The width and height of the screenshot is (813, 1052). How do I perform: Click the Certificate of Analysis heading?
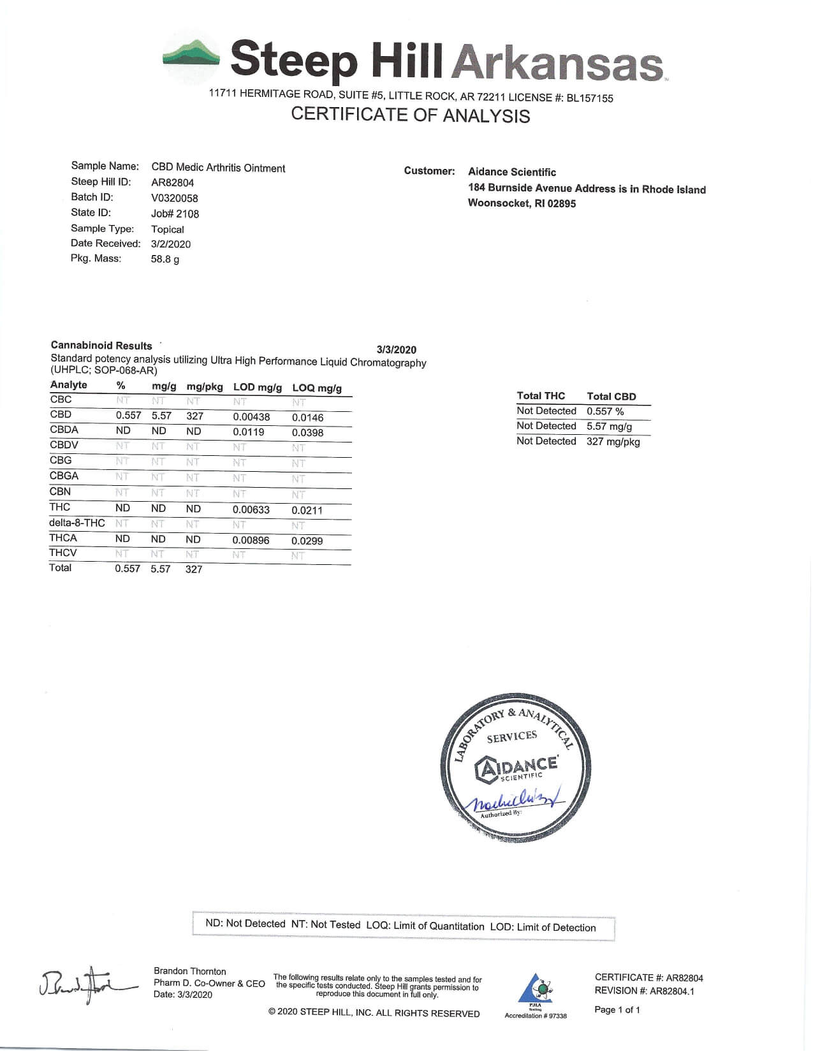[410, 115]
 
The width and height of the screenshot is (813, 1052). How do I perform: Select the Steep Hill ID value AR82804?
[172, 183]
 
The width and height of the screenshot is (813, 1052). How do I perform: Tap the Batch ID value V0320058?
[174, 198]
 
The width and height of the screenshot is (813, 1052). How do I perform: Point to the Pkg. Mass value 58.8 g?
[165, 259]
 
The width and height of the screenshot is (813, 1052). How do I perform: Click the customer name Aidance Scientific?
[511, 172]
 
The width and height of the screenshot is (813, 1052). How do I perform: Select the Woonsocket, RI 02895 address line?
[522, 203]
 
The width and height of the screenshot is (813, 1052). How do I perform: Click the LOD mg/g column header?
[257, 387]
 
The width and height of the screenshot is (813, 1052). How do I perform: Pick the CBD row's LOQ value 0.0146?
[307, 418]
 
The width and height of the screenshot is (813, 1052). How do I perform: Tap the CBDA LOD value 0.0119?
[248, 432]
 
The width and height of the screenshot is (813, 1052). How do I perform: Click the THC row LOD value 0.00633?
[251, 510]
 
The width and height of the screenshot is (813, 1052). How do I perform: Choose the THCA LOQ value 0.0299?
[307, 541]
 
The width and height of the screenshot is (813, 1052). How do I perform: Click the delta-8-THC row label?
[77, 523]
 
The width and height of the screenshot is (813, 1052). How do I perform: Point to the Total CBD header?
[611, 397]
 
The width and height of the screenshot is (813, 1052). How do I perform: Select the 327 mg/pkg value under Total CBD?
[613, 442]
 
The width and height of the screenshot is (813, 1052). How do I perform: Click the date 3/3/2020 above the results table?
[396, 349]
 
